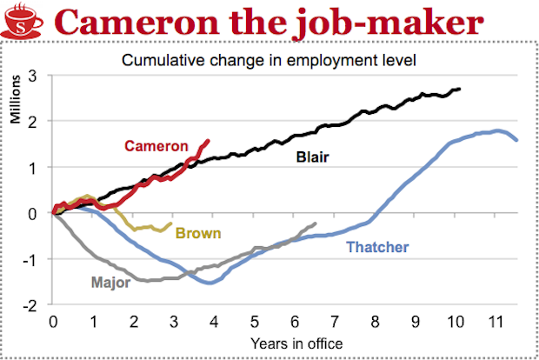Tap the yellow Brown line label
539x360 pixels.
(198, 232)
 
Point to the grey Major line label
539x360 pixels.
(110, 282)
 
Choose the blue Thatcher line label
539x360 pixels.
(377, 248)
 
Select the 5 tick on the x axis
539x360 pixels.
(255, 321)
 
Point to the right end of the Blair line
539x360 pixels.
(460, 89)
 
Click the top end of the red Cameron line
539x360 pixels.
(208, 140)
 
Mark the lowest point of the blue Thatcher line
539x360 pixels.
(210, 283)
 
